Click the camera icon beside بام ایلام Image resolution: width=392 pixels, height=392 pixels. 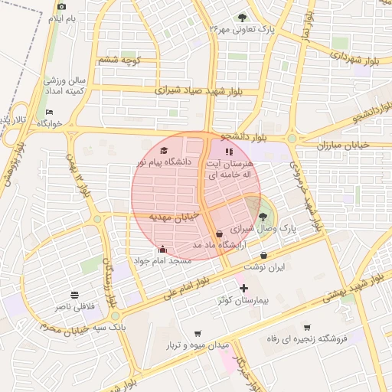pos(61,7)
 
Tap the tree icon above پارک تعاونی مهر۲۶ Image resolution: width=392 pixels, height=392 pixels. pos(243,17)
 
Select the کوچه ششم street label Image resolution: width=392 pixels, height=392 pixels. pos(118,60)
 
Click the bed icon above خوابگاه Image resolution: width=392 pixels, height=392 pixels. pos(50,113)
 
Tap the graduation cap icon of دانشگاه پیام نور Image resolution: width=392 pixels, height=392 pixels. pos(163,150)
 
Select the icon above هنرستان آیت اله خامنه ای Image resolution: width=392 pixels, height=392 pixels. pos(228,151)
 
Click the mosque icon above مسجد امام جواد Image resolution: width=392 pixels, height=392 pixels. pos(162,249)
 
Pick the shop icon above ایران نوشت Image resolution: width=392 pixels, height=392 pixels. pos(264,255)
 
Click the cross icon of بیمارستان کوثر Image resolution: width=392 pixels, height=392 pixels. pos(243,289)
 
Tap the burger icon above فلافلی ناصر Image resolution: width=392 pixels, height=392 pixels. pos(74,295)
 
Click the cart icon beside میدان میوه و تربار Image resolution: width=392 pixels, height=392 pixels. pos(199,333)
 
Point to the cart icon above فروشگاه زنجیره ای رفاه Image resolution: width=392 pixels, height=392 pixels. pos(307,327)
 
